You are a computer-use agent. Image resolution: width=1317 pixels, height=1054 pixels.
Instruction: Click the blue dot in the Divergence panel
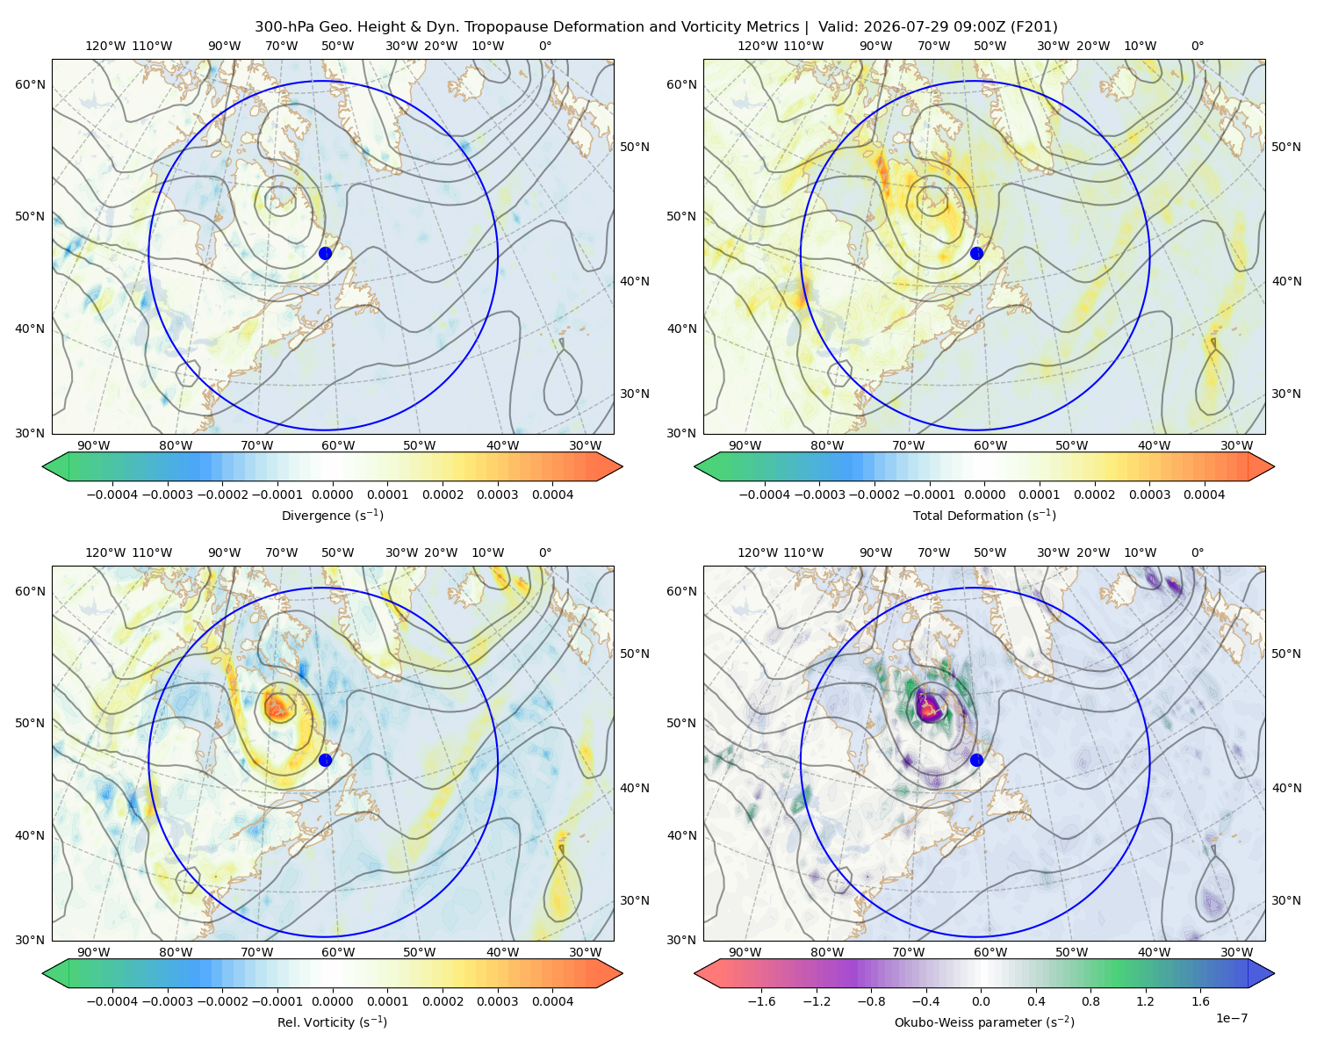tap(325, 253)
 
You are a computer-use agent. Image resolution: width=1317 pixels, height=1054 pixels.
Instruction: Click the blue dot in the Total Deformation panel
tap(976, 253)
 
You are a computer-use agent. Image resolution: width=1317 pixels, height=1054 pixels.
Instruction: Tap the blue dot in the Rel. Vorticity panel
tap(325, 760)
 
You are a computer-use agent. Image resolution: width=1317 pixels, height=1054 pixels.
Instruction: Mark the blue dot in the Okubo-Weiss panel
tap(976, 760)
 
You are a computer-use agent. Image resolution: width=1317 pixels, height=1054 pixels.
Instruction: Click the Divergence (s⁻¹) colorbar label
tap(332, 515)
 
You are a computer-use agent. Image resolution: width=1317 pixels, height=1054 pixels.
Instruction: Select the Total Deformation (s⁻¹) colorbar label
tap(984, 515)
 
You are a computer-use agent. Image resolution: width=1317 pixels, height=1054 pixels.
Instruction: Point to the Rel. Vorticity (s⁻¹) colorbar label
tap(332, 1022)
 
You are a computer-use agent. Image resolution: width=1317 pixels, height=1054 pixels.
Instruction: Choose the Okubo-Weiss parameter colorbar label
tap(984, 1022)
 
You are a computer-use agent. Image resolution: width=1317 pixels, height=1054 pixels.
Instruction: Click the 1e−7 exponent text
tap(1231, 1018)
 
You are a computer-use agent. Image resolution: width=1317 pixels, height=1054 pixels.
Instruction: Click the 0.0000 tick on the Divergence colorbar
tap(332, 495)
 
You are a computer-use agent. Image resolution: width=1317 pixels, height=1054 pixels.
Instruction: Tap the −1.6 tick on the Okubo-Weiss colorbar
tap(761, 1001)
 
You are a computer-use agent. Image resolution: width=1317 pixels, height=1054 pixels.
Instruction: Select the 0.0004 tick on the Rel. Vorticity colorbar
tap(552, 1001)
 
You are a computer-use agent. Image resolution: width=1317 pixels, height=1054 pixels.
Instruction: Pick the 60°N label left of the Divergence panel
tap(30, 84)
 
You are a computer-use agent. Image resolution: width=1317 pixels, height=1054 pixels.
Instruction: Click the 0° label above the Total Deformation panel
tap(1197, 46)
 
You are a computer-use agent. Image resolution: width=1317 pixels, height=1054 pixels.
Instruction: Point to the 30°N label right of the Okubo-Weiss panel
tap(1285, 900)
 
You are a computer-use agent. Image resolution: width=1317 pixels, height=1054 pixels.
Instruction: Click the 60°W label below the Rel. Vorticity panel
tap(338, 952)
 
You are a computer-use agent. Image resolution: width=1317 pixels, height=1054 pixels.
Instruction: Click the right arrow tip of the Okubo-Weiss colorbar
tap(1274, 973)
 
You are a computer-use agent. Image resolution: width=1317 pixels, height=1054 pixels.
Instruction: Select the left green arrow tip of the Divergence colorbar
tap(43, 466)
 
